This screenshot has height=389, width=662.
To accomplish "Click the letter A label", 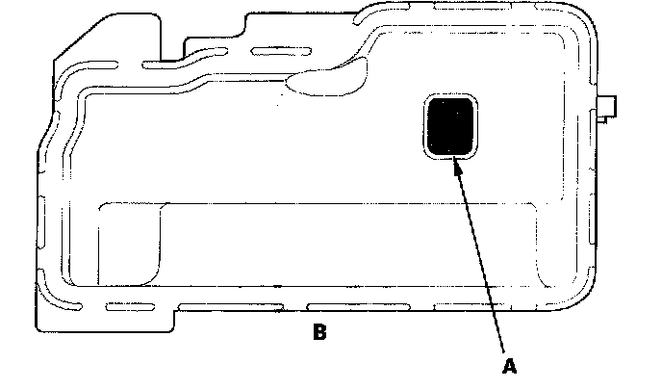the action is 510,366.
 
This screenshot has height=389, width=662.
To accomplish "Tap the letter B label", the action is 320,334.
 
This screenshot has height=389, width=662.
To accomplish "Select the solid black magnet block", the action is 449,126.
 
